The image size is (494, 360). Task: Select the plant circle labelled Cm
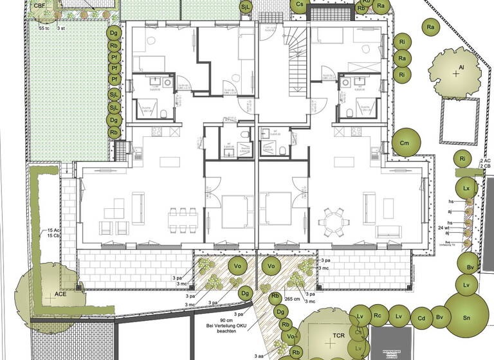pos(405,143)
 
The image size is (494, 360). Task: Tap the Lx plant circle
pos(467,188)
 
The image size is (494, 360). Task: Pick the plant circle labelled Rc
pos(378,316)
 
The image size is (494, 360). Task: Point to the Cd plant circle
pos(421,318)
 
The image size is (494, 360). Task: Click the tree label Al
pos(461,66)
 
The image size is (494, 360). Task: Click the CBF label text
pos(40,6)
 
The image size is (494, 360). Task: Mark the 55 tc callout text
pos(44,29)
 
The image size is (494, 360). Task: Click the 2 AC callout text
pos(486,160)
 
